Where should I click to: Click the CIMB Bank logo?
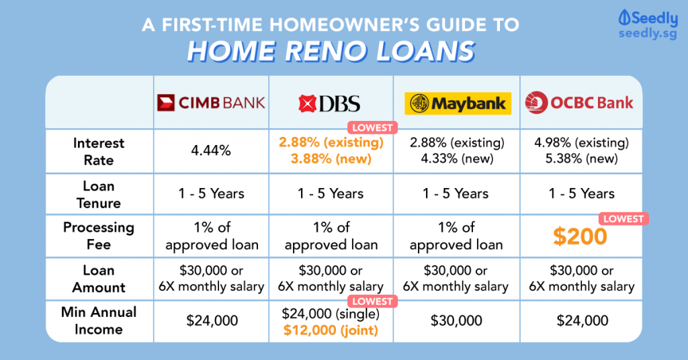(x=211, y=103)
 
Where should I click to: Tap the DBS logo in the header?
(x=329, y=103)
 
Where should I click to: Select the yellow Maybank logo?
(x=458, y=103)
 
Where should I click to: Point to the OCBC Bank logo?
(x=579, y=103)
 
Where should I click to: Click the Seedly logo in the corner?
(x=648, y=25)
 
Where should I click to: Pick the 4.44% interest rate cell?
(x=211, y=151)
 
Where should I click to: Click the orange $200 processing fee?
(x=580, y=236)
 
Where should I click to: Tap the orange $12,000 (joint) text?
(x=331, y=330)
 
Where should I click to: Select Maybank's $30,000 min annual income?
(x=456, y=320)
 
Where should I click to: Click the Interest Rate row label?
(x=99, y=152)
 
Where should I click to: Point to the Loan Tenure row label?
(x=99, y=195)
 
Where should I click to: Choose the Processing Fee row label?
(x=99, y=236)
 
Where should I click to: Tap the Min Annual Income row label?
(x=99, y=320)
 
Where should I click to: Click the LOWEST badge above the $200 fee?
(x=623, y=219)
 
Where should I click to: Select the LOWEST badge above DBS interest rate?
(x=372, y=128)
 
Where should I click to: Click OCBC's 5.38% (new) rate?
(x=582, y=159)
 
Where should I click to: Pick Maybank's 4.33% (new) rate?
(x=457, y=159)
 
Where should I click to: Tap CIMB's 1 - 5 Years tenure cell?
(x=211, y=193)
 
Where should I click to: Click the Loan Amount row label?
(x=99, y=279)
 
